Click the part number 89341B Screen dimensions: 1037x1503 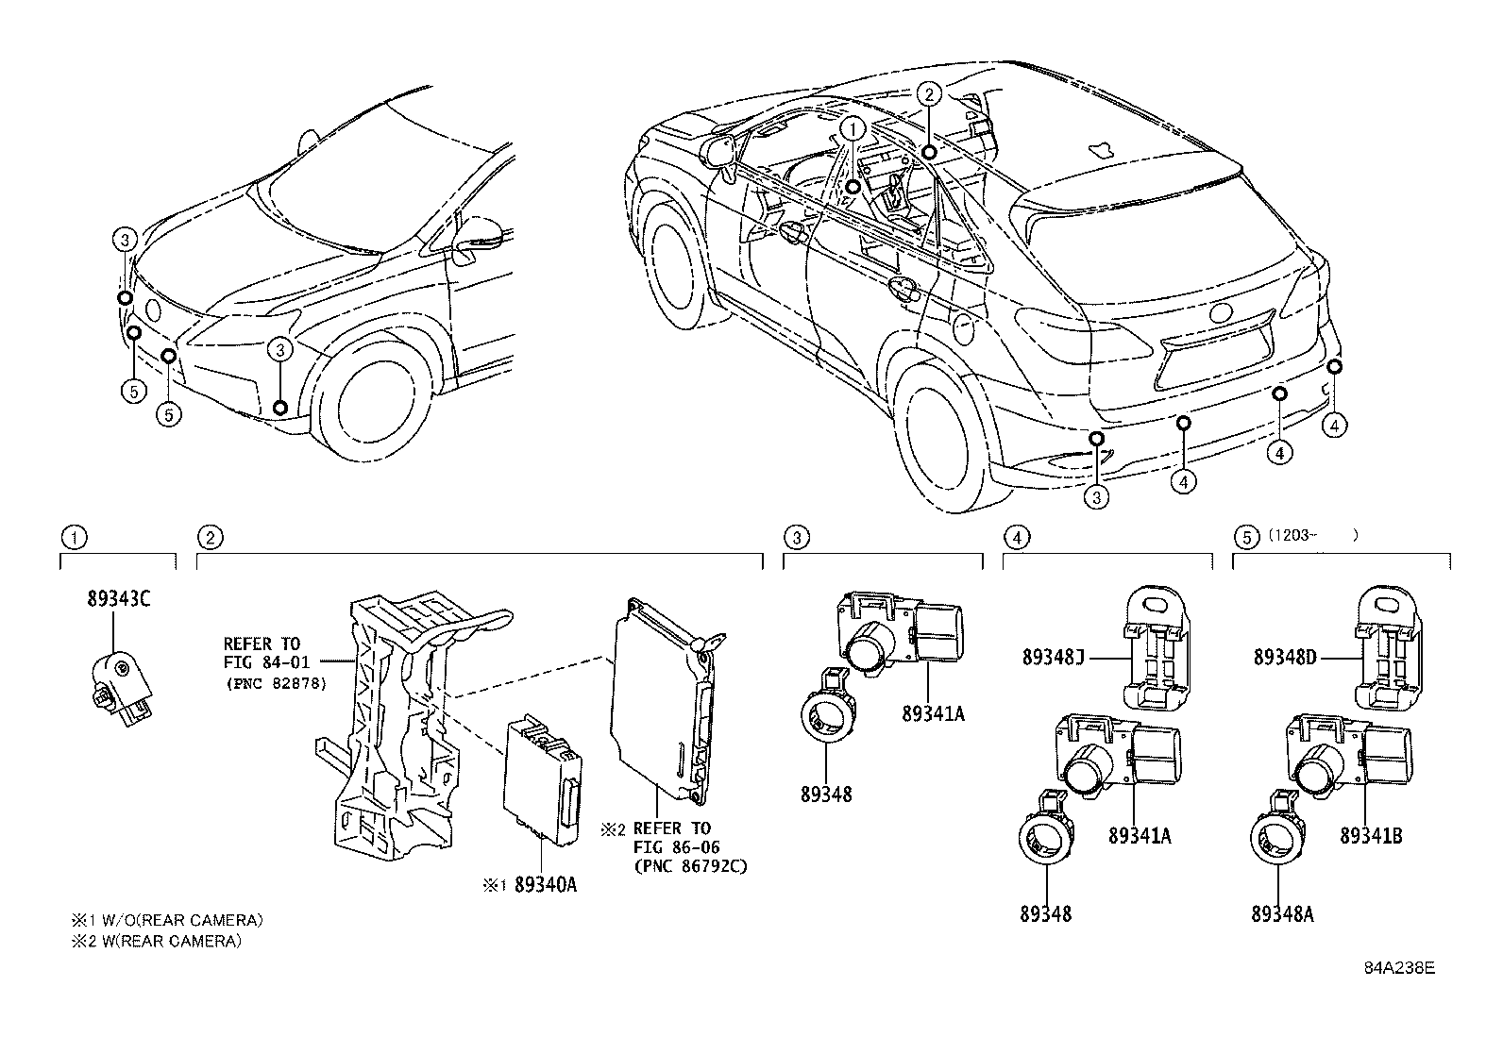coord(1371,836)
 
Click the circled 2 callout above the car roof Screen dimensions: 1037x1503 coord(929,93)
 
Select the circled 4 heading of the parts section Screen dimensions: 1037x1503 coord(1015,538)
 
